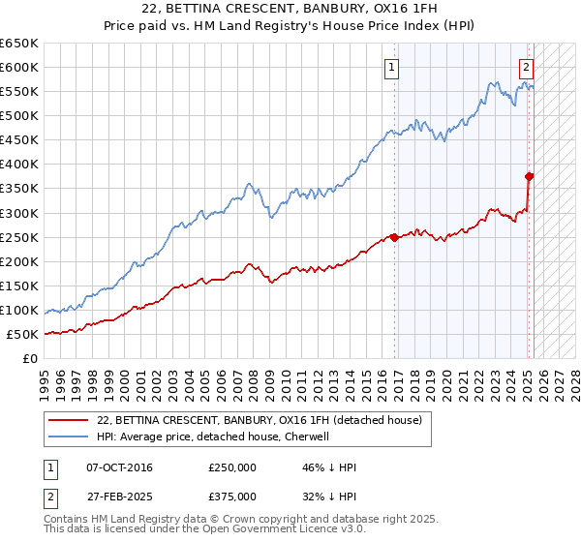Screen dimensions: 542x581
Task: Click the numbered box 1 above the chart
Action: point(392,67)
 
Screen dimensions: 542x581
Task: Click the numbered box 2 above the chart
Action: point(525,67)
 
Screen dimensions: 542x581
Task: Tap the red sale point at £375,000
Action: point(530,176)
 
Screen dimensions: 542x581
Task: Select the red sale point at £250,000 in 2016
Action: point(394,237)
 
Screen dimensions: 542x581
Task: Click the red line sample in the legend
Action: point(68,421)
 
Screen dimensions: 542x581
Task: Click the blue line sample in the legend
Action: point(68,437)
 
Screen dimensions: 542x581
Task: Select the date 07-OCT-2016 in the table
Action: point(119,467)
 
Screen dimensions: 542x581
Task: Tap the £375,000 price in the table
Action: point(232,496)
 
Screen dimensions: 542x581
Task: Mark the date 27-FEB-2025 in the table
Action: point(119,496)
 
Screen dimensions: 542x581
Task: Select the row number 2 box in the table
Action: point(47,496)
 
